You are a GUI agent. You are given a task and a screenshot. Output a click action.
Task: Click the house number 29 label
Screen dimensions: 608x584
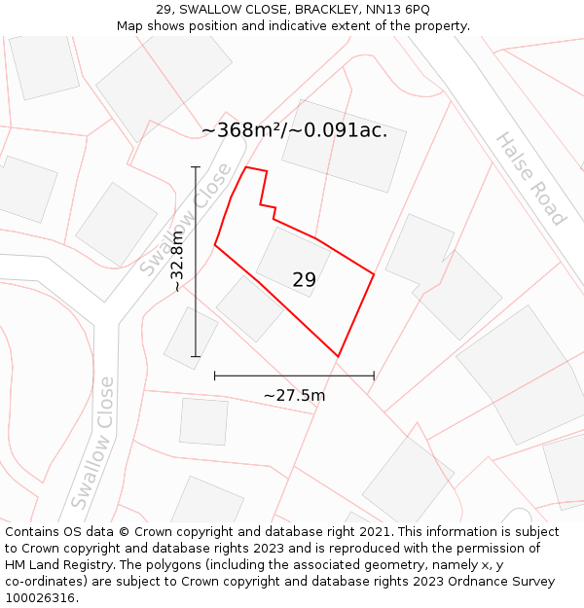304,280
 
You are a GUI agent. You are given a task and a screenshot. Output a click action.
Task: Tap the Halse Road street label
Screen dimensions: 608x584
529,179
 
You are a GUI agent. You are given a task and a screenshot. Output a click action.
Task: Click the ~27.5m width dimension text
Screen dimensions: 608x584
294,395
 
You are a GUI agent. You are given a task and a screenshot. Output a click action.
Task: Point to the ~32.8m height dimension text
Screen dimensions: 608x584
177,261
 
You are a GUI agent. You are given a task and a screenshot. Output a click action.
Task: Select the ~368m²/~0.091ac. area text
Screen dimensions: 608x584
294,130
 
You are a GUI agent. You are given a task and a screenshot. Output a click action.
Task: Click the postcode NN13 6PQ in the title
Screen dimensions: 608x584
397,10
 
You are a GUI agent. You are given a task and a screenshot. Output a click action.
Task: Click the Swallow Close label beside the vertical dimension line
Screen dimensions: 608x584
186,219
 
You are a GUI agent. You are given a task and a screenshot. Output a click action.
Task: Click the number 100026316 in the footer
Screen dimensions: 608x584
39,597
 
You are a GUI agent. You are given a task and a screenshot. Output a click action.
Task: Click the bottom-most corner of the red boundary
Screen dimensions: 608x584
338,356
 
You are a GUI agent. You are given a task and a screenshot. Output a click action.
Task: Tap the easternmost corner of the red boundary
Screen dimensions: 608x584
374,274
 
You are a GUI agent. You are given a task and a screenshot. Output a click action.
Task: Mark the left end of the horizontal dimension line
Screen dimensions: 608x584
215,375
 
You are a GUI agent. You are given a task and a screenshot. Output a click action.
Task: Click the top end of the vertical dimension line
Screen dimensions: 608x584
196,167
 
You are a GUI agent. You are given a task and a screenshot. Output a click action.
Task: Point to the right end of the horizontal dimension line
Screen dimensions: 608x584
374,375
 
